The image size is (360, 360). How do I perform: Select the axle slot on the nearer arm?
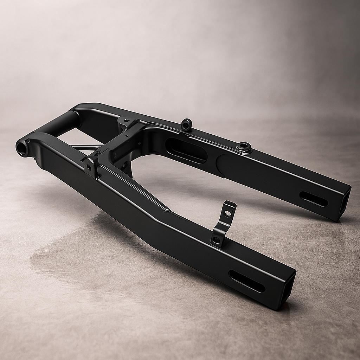pos(246,281)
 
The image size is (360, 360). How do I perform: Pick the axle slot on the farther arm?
pos(314,199)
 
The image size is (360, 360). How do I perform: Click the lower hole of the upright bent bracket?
pos(216,240)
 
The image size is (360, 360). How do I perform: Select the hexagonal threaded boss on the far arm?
pos(243,147)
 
